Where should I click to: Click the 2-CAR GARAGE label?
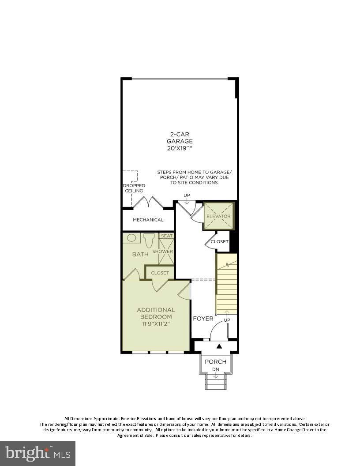(x=180, y=138)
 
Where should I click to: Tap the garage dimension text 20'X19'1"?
(x=180, y=148)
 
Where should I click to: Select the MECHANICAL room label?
(x=148, y=220)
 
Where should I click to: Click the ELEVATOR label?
(x=218, y=216)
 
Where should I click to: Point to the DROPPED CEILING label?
(x=134, y=188)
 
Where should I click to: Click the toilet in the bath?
(x=149, y=240)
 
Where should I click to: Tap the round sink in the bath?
(x=131, y=238)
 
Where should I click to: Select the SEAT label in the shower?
(x=167, y=236)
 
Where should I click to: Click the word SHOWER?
(x=162, y=252)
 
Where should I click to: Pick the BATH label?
(x=140, y=254)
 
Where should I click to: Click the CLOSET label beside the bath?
(x=160, y=273)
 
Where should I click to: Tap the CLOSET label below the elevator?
(x=220, y=242)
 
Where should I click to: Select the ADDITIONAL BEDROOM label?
(x=156, y=313)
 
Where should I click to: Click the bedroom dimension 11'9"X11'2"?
(x=156, y=324)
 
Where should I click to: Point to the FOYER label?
(x=203, y=319)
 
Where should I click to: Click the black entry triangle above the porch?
(x=219, y=346)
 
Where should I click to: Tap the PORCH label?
(x=216, y=362)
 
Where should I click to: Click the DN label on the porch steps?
(x=216, y=369)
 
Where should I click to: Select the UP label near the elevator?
(x=187, y=195)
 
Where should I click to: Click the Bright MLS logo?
(x=38, y=454)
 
